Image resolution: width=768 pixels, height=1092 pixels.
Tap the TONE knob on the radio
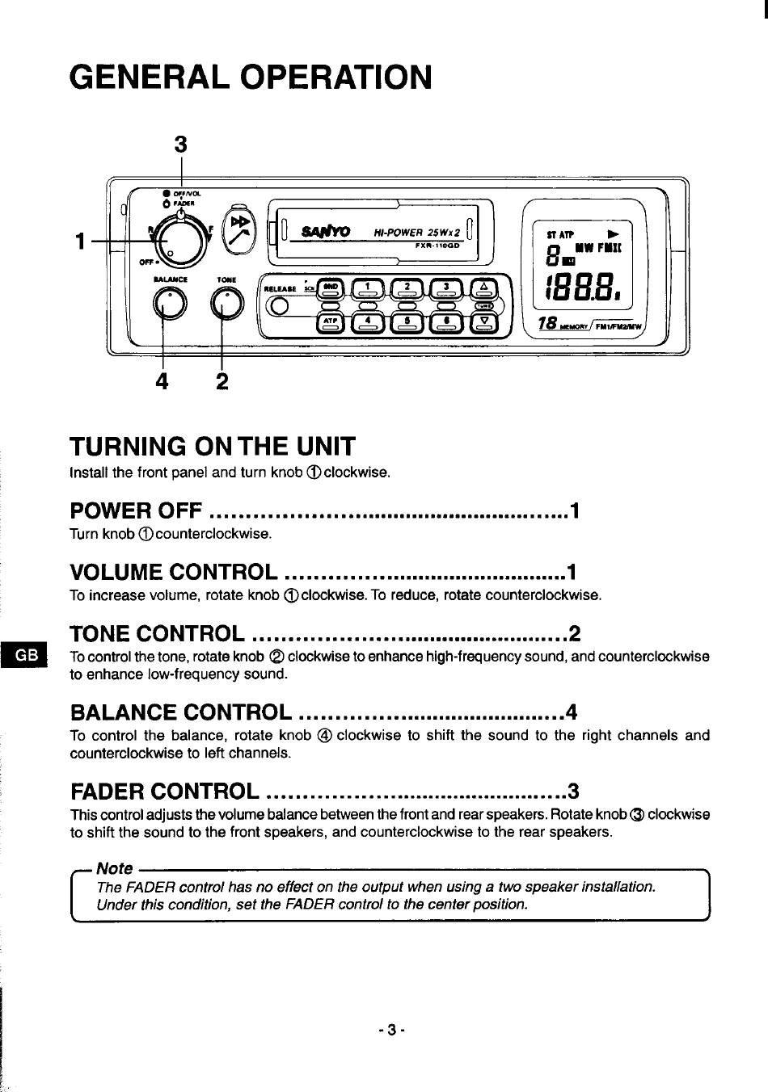pos(226,304)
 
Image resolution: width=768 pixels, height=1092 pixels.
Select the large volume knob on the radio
pos(179,240)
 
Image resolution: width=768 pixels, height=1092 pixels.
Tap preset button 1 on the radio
pos(369,288)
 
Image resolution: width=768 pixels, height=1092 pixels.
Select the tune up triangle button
pos(483,288)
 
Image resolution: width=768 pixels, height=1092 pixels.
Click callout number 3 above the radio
pos(180,144)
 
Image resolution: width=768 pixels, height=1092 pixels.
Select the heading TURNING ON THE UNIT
pos(213,446)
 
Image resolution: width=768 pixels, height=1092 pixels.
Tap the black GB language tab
pos(24,654)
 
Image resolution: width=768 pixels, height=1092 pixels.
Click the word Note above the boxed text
pos(114,868)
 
